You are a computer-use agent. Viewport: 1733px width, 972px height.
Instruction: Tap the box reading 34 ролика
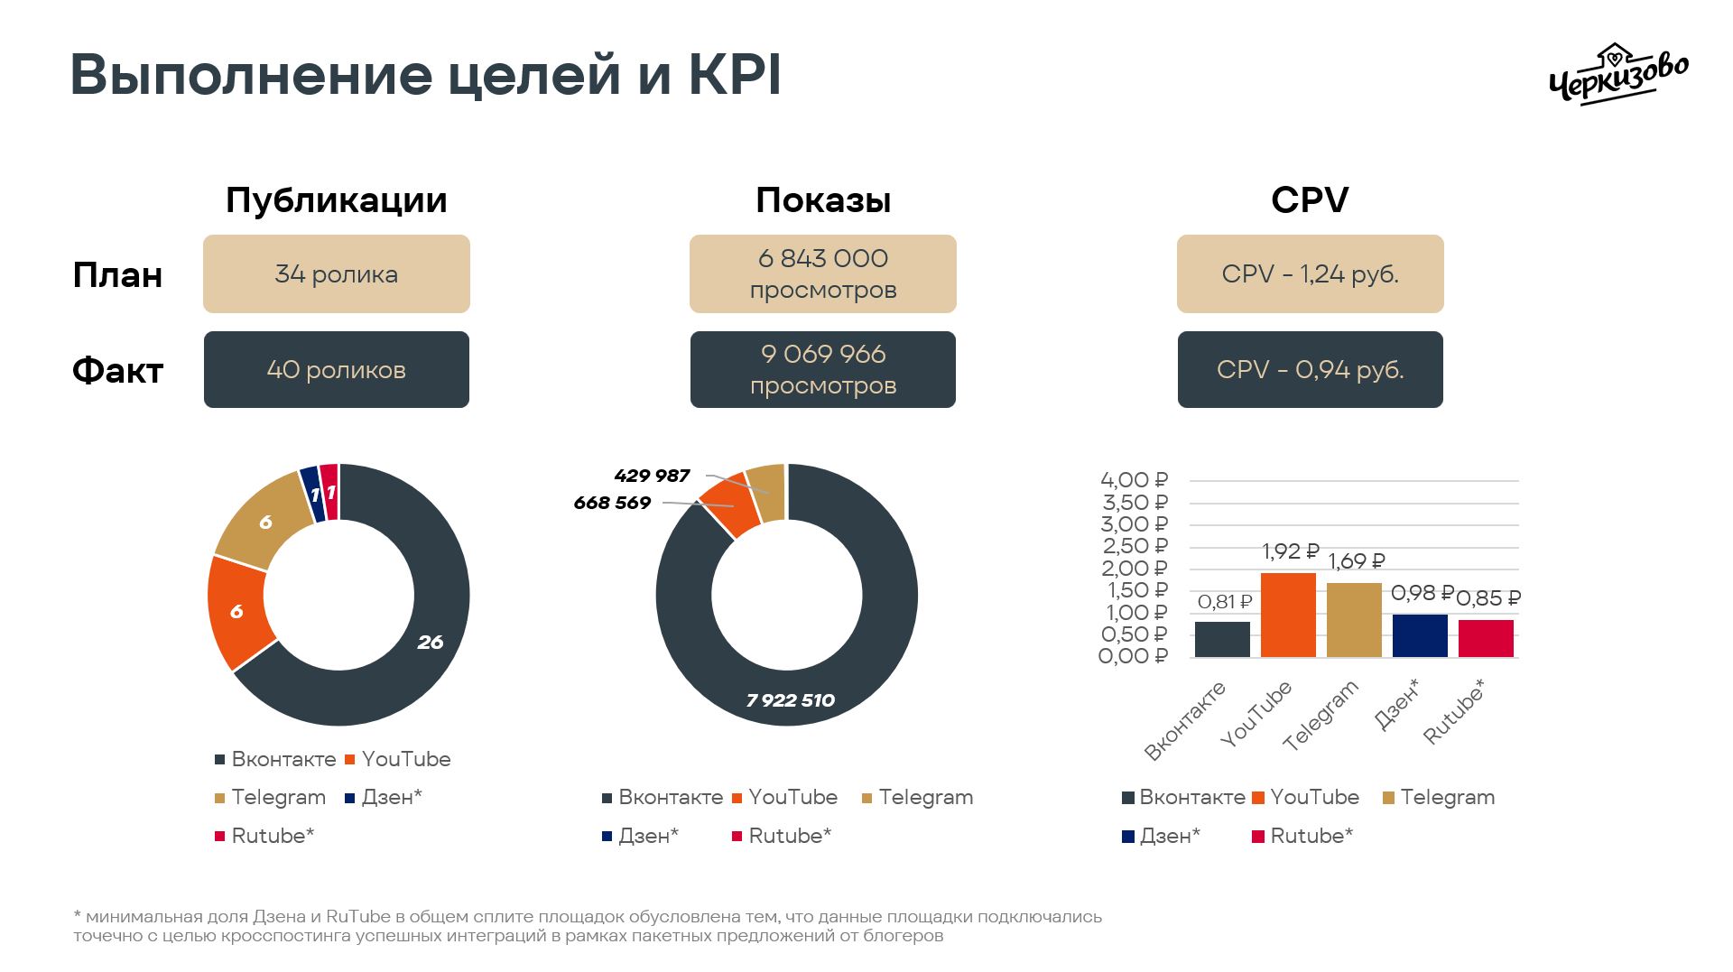click(x=336, y=274)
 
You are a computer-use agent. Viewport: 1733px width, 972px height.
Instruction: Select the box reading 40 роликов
click(x=336, y=370)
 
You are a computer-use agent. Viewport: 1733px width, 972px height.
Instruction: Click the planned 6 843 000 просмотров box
click(x=822, y=274)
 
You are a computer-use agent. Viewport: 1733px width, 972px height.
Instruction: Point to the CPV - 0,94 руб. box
click(x=1310, y=370)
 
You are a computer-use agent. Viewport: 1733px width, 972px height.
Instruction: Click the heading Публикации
click(x=336, y=200)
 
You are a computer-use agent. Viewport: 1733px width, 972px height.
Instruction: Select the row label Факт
click(x=117, y=371)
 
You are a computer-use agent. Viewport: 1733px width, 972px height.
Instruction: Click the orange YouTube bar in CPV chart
click(x=1288, y=615)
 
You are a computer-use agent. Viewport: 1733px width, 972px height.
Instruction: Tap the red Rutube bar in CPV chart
click(x=1486, y=638)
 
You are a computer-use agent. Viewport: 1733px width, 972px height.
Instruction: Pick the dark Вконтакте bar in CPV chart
click(x=1222, y=639)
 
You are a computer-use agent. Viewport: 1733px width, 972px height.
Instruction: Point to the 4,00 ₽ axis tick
click(x=1134, y=480)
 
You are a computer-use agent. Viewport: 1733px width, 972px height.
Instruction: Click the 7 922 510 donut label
click(x=791, y=700)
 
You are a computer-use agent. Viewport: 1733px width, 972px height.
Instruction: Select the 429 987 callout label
click(x=652, y=476)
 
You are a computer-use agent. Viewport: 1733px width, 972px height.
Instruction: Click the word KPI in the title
click(x=734, y=76)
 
